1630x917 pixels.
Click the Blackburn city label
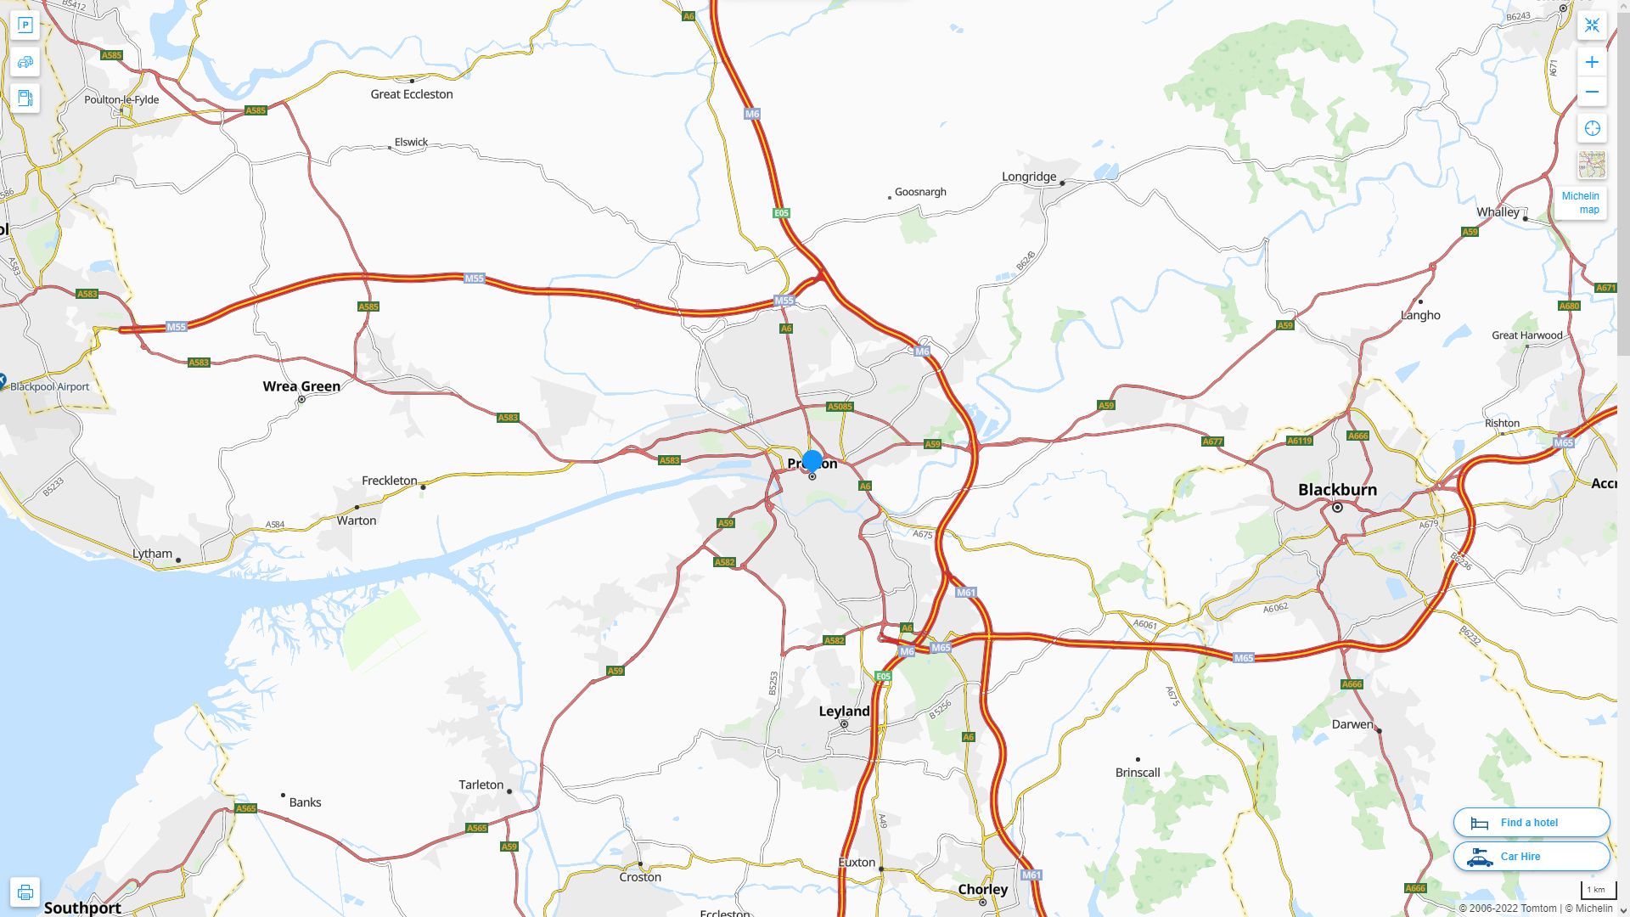[x=1337, y=490]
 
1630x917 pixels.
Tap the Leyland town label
[x=844, y=712]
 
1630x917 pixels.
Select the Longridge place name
[x=1029, y=177]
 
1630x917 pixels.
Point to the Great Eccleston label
[x=412, y=94]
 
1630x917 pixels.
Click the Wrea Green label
[x=301, y=386]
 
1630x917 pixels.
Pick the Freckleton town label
[x=390, y=481]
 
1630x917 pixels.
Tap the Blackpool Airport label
[x=49, y=387]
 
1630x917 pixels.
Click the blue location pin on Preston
[x=812, y=461]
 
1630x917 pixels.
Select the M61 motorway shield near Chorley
[x=1031, y=875]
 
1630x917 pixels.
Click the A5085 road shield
[x=840, y=407]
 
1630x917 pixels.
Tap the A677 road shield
[x=1212, y=442]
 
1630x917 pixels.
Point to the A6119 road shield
[x=1300, y=441]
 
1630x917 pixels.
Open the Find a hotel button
[x=1531, y=823]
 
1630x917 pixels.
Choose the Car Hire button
[x=1531, y=857]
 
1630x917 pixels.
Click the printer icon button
[x=25, y=892]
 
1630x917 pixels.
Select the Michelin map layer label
[x=1581, y=203]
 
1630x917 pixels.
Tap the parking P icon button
[x=25, y=25]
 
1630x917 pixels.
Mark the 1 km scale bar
[x=1597, y=891]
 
